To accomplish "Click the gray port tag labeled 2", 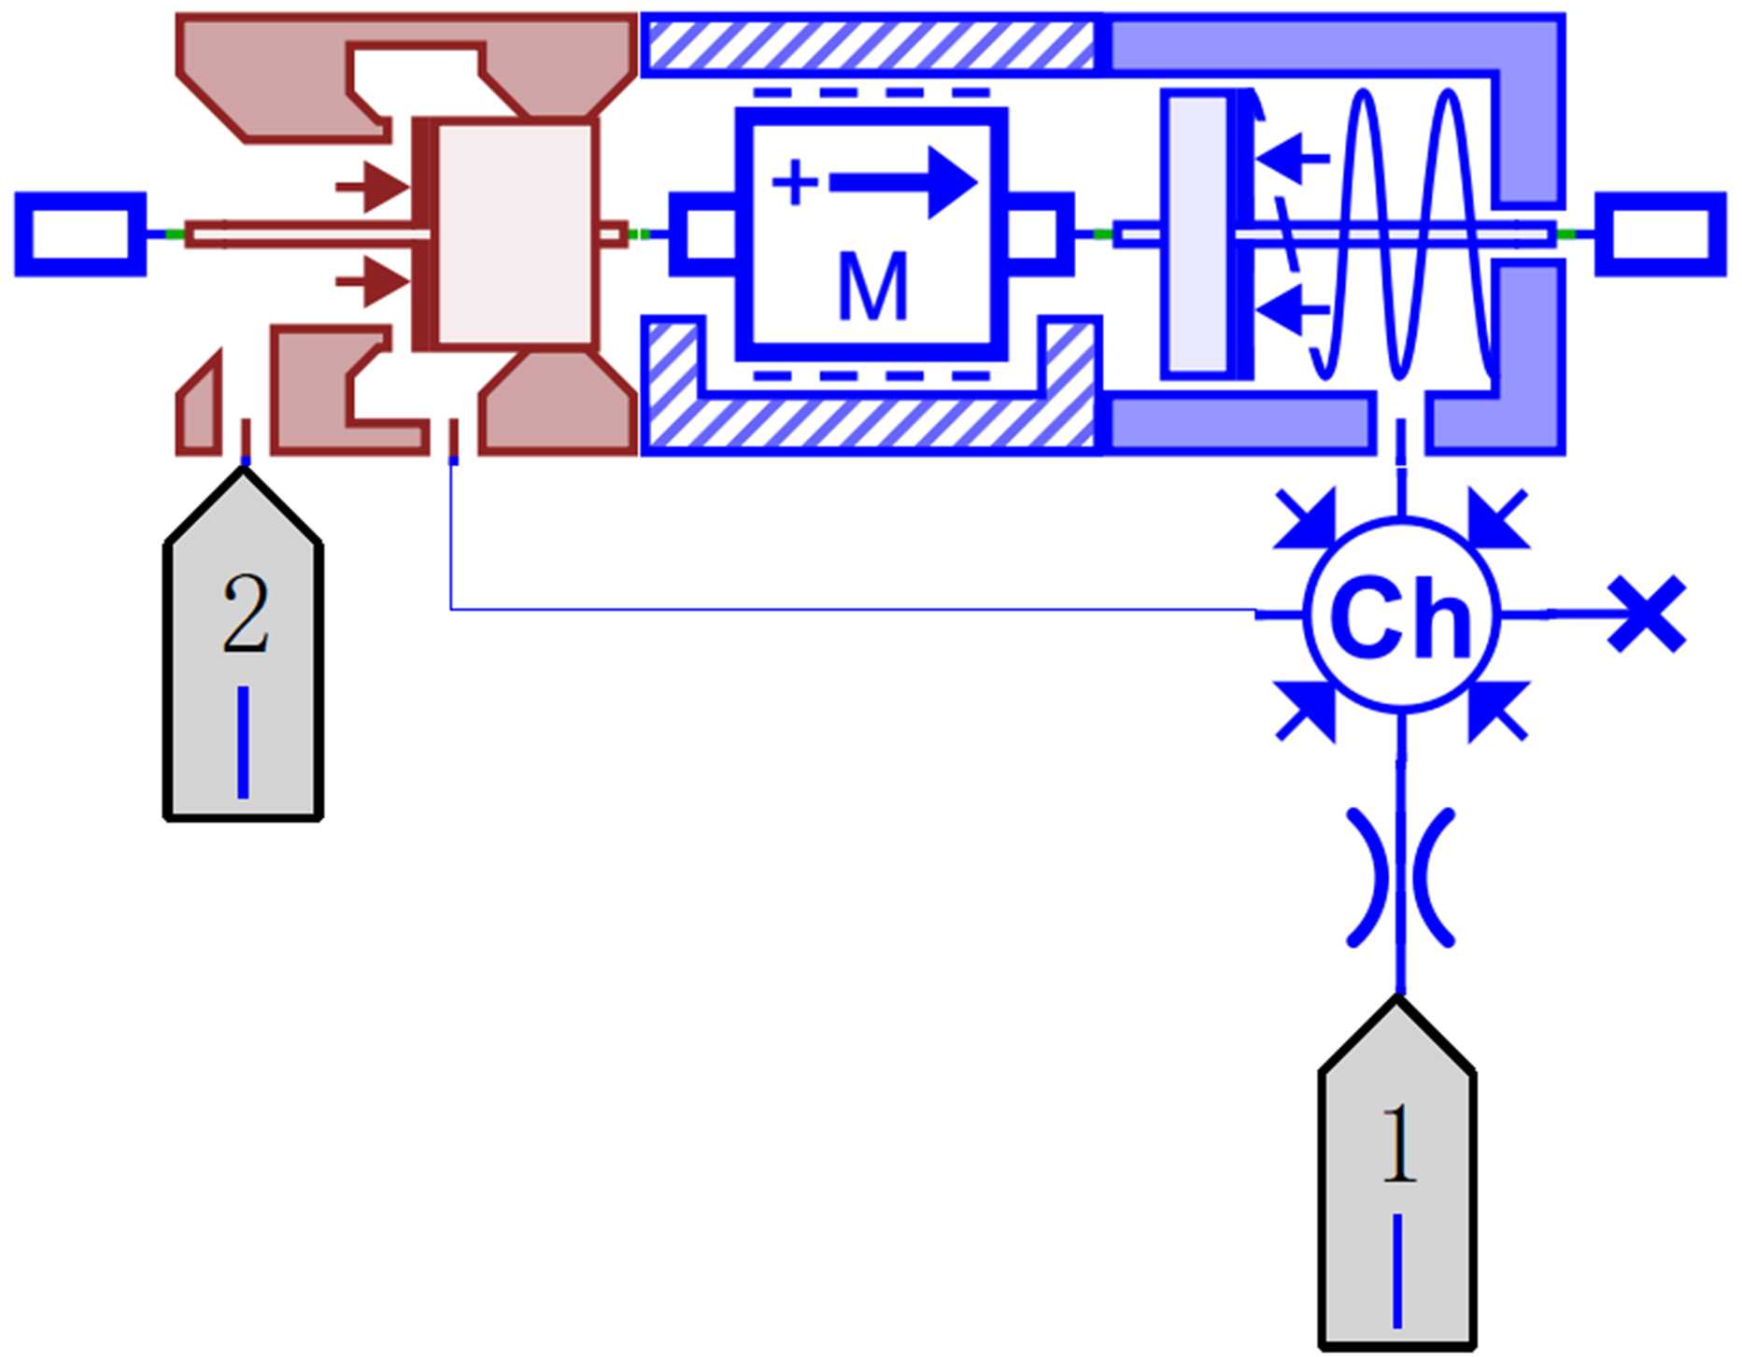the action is tap(244, 654).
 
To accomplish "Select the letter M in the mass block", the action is tap(872, 286).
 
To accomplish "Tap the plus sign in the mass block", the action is tap(795, 182).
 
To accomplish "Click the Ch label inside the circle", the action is tap(1400, 616).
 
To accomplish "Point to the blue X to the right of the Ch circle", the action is tap(1647, 614).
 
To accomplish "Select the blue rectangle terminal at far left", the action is tap(80, 234).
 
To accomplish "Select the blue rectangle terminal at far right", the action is tap(1660, 234).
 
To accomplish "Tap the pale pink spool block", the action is tap(514, 233).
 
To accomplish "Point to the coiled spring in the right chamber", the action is tap(1401, 233).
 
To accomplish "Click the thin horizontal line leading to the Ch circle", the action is tap(841, 609).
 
